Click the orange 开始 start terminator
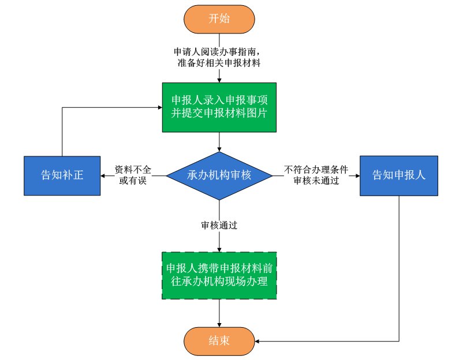pos(219,18)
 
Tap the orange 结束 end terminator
pos(219,340)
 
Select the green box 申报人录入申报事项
pos(219,106)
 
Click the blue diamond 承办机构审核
pos(219,175)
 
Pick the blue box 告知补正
pos(62,175)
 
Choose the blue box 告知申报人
pos(398,175)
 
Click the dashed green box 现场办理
pos(219,275)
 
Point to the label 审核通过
pos(219,226)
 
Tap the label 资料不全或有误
pos(133,175)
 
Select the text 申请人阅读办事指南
pos(219,51)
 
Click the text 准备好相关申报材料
pos(219,63)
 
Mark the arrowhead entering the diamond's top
pos(219,149)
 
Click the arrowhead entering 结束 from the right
pos(257,340)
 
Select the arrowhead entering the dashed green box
pos(219,249)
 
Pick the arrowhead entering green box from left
pos(159,106)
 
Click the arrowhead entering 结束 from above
pos(219,325)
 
